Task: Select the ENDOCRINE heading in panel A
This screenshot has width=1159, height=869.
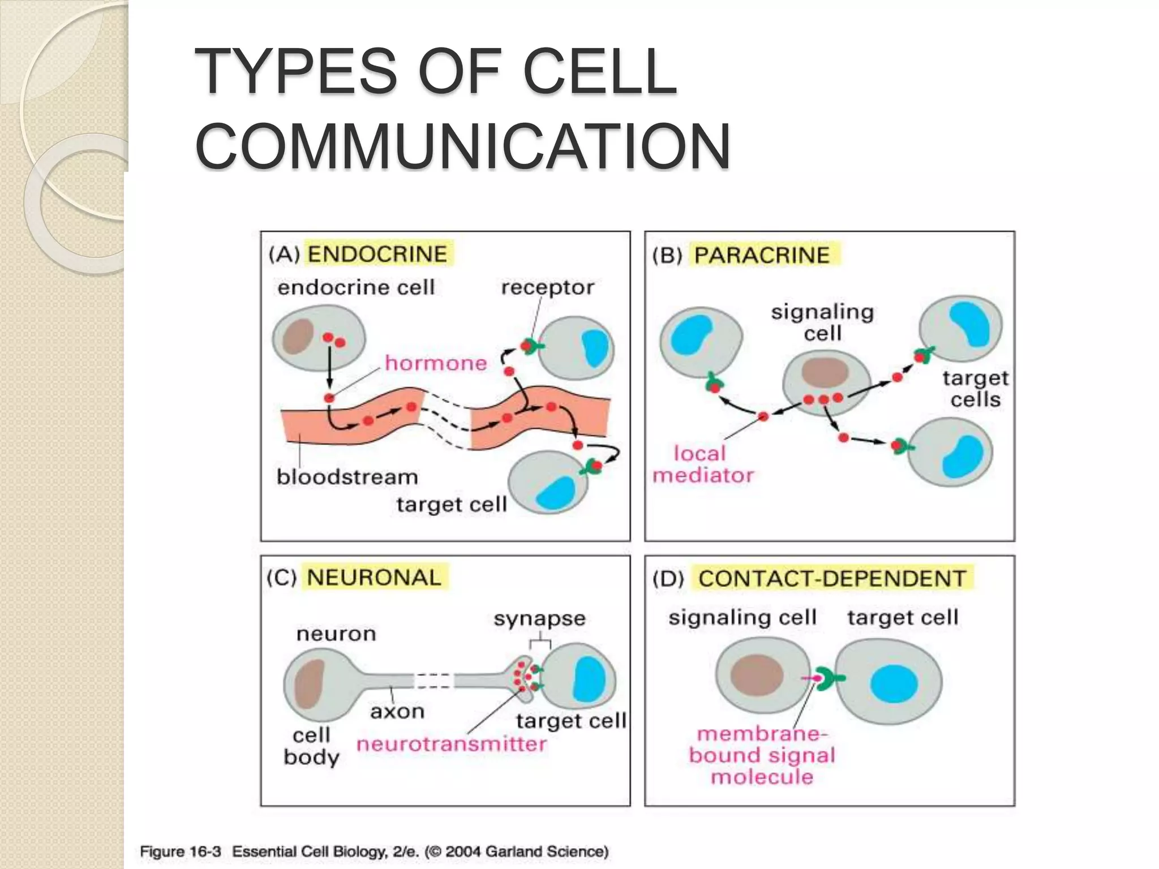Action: click(x=377, y=254)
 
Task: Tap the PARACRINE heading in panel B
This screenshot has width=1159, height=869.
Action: click(x=762, y=255)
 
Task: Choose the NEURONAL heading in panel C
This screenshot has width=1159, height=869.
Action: click(x=374, y=578)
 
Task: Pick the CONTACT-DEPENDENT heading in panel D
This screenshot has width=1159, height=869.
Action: click(x=832, y=579)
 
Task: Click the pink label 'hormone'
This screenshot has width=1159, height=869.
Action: click(x=436, y=363)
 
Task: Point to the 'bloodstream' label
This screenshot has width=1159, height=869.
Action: click(x=347, y=477)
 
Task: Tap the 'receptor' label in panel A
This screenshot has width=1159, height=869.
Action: click(x=547, y=287)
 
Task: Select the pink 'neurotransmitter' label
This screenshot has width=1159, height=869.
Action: click(x=451, y=744)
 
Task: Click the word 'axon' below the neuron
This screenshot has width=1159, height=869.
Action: click(x=397, y=711)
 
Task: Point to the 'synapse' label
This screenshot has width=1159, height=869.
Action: click(x=539, y=618)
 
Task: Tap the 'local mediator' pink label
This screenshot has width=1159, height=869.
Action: click(x=702, y=464)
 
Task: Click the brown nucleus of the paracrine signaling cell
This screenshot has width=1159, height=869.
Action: click(x=824, y=373)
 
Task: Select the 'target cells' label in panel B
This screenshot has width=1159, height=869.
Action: click(x=975, y=389)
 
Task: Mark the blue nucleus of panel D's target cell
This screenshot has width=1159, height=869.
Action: click(x=894, y=683)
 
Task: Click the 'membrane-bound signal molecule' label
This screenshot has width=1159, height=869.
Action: click(x=762, y=755)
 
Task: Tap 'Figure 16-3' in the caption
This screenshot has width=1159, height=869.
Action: click(x=180, y=851)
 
